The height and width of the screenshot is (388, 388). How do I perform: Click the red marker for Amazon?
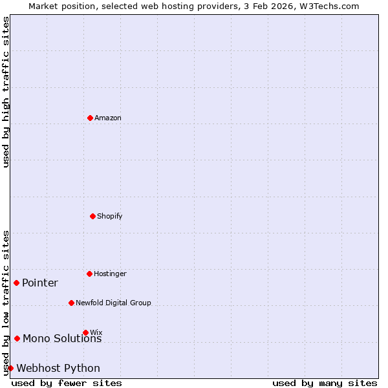point(90,118)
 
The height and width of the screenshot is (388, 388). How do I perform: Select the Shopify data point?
point(92,216)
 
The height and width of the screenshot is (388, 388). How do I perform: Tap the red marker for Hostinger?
point(89,274)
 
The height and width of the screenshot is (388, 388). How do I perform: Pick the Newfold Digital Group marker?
point(71,303)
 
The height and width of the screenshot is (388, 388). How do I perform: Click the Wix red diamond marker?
point(85,332)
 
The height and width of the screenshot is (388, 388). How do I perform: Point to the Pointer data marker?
point(16,283)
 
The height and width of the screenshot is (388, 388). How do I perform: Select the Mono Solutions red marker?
point(17,338)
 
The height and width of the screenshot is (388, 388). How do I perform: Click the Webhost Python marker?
point(10,368)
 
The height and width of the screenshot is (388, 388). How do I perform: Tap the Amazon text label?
point(108,118)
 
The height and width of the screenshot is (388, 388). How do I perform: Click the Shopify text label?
point(110,216)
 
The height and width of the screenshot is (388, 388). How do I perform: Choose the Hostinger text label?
point(110,274)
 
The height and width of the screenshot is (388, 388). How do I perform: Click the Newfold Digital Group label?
point(113,303)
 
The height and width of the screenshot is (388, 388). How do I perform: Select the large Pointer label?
point(40,283)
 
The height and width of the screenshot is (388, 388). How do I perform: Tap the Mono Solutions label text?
point(62,339)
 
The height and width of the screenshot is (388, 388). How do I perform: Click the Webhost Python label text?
point(58,369)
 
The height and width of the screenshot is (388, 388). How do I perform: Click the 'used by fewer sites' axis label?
point(67,383)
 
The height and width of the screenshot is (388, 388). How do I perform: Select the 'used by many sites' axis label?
point(325,383)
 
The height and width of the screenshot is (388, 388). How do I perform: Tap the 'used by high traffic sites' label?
point(6,92)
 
